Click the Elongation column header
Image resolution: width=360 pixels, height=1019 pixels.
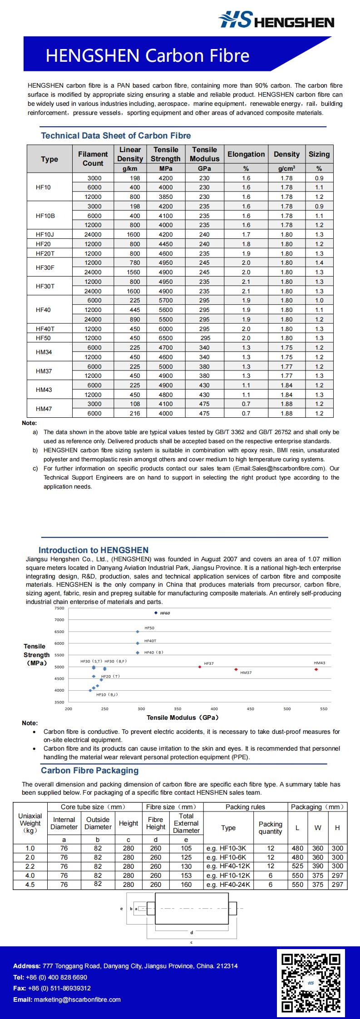click(x=246, y=154)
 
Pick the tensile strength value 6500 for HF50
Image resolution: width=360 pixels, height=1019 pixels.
click(x=165, y=338)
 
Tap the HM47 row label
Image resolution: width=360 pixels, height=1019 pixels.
click(x=44, y=409)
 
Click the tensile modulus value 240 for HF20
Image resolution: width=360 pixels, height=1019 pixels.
click(x=204, y=244)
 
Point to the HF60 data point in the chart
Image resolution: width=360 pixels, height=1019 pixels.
click(x=156, y=613)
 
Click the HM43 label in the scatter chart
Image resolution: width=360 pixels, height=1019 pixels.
click(x=320, y=663)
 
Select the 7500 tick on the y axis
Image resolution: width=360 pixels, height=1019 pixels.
click(x=59, y=608)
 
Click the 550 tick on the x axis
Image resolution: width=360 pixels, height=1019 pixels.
click(x=323, y=708)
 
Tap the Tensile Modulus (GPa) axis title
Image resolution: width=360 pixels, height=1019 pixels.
click(x=182, y=717)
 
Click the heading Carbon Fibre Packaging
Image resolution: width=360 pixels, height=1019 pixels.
click(x=89, y=771)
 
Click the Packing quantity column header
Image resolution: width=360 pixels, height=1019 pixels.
click(x=270, y=828)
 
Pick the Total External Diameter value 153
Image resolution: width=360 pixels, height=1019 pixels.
click(x=186, y=876)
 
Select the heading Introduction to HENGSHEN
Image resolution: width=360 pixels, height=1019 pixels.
click(x=93, y=550)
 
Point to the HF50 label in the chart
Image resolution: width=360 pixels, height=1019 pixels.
click(x=149, y=628)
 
